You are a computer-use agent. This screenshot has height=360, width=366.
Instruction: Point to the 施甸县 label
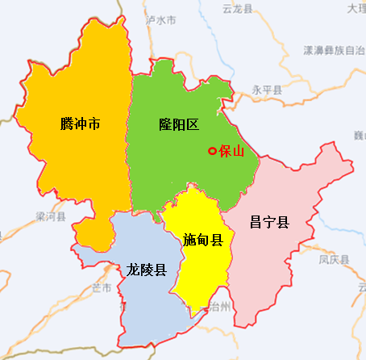[203, 239]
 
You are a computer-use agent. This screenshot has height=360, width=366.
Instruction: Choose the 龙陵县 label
[147, 270]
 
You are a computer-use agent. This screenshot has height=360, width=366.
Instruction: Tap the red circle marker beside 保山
[212, 151]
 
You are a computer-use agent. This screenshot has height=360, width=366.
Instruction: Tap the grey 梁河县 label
[49, 217]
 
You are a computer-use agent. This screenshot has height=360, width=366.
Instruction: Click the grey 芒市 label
[102, 288]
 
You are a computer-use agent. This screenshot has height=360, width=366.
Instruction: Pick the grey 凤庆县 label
[333, 260]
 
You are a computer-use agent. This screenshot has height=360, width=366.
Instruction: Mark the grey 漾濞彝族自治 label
[334, 50]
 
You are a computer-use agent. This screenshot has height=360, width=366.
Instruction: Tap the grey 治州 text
[218, 307]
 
